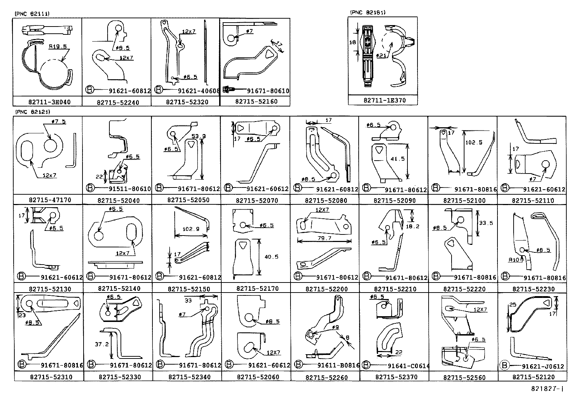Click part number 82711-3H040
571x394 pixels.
pyautogui.click(x=49, y=102)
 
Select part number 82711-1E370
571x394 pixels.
pyautogui.click(x=384, y=100)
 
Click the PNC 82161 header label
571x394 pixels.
pyautogui.click(x=368, y=13)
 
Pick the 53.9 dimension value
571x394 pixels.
pyautogui.click(x=199, y=136)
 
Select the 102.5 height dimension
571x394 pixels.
pyautogui.click(x=473, y=142)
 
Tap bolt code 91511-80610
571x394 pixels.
pyautogui.click(x=129, y=189)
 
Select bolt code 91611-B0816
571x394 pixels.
pyautogui.click(x=338, y=365)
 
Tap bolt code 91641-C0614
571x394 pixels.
pyautogui.click(x=408, y=366)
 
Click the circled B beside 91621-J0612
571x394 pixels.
pyautogui.click(x=504, y=365)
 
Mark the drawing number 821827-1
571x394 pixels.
pyautogui.click(x=548, y=389)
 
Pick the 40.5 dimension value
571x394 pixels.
pyautogui.click(x=271, y=257)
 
